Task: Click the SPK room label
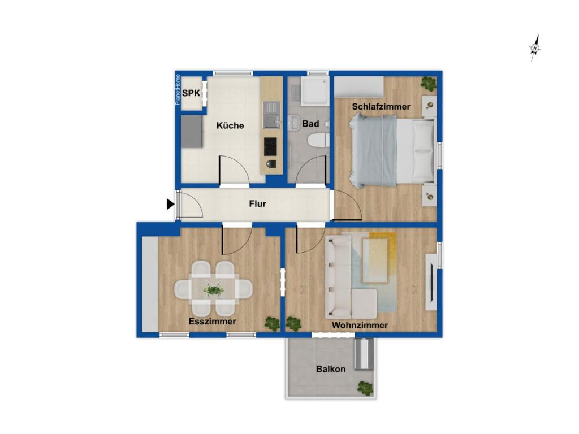191,93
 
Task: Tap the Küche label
230,125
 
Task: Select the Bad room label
310,124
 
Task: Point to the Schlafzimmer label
381,107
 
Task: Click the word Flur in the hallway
257,203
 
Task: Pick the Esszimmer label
213,322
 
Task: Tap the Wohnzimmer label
360,325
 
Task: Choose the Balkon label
331,369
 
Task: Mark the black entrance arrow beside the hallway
170,204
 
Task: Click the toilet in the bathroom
318,141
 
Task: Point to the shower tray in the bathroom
314,91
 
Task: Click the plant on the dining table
213,290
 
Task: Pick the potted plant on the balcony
365,388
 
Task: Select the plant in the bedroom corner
429,84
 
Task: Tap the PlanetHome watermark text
178,90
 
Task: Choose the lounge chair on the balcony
364,354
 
